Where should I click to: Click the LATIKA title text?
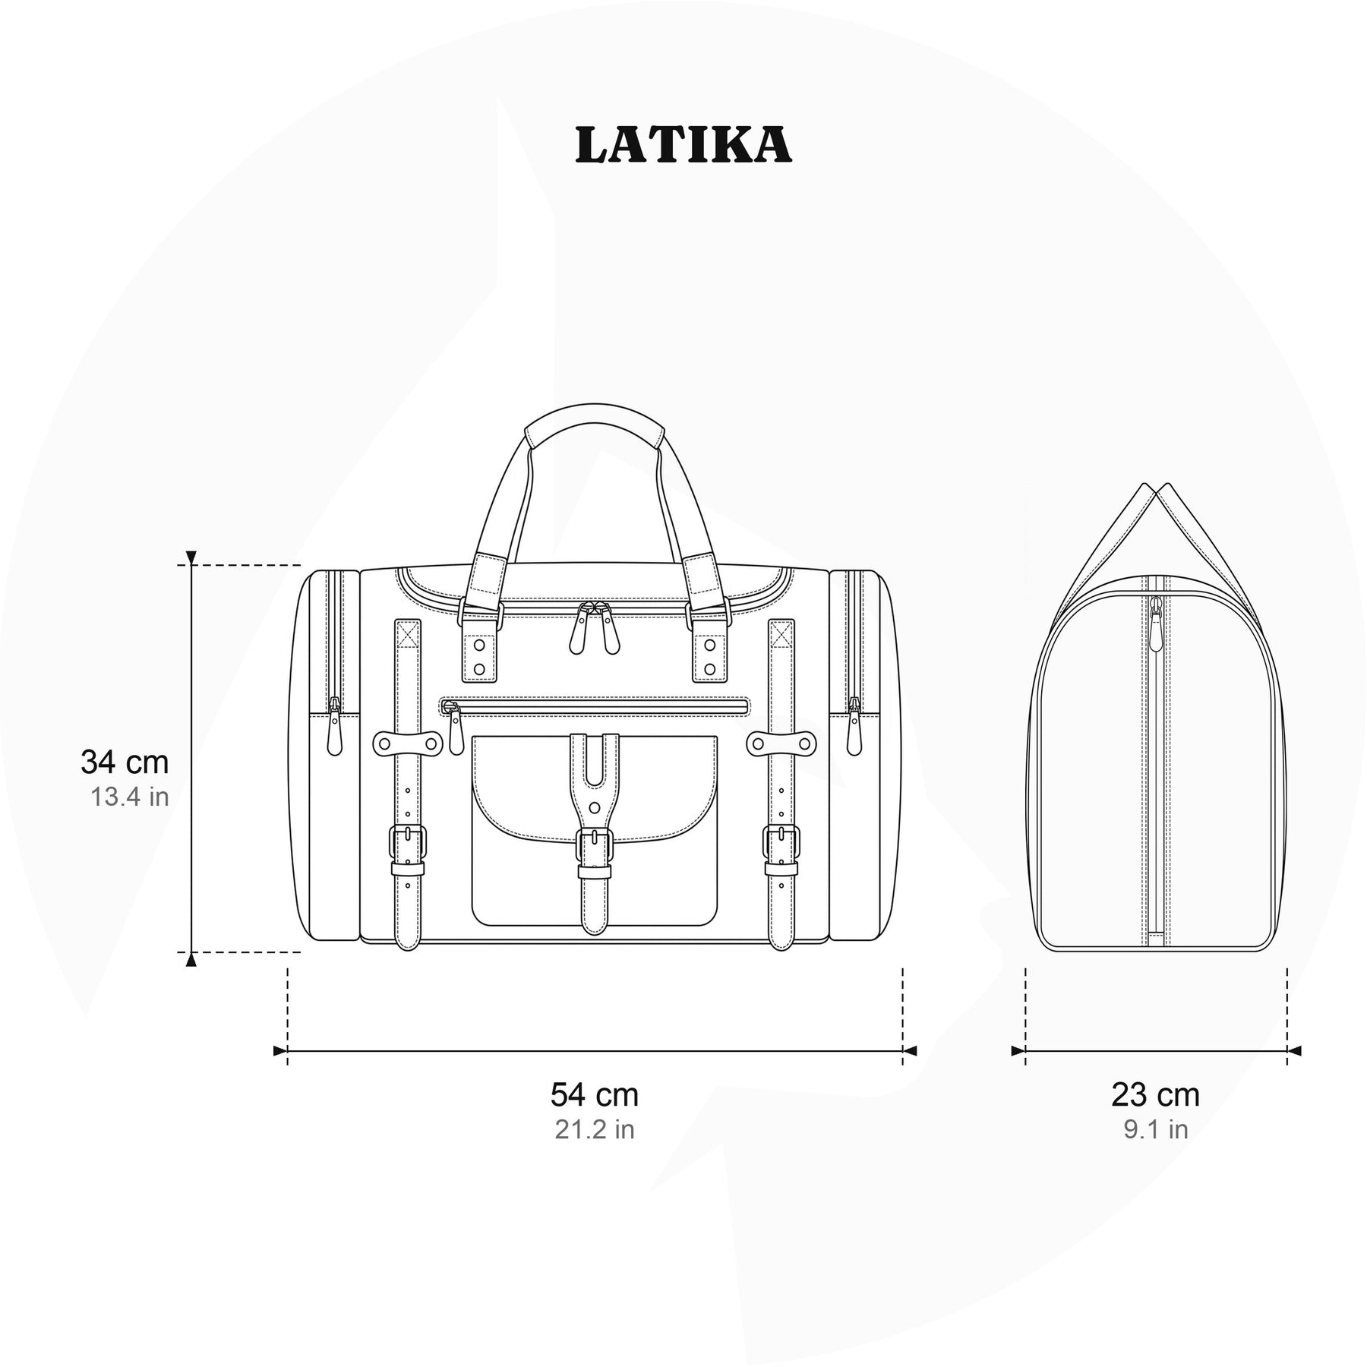coord(683,145)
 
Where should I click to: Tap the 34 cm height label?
coord(125,762)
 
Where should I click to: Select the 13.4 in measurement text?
coord(130,797)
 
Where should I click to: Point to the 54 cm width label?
coord(595,1094)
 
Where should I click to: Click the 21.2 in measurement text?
coord(595,1129)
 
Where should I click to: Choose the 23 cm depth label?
coord(1156,1094)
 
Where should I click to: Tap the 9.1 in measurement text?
coord(1156,1129)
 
